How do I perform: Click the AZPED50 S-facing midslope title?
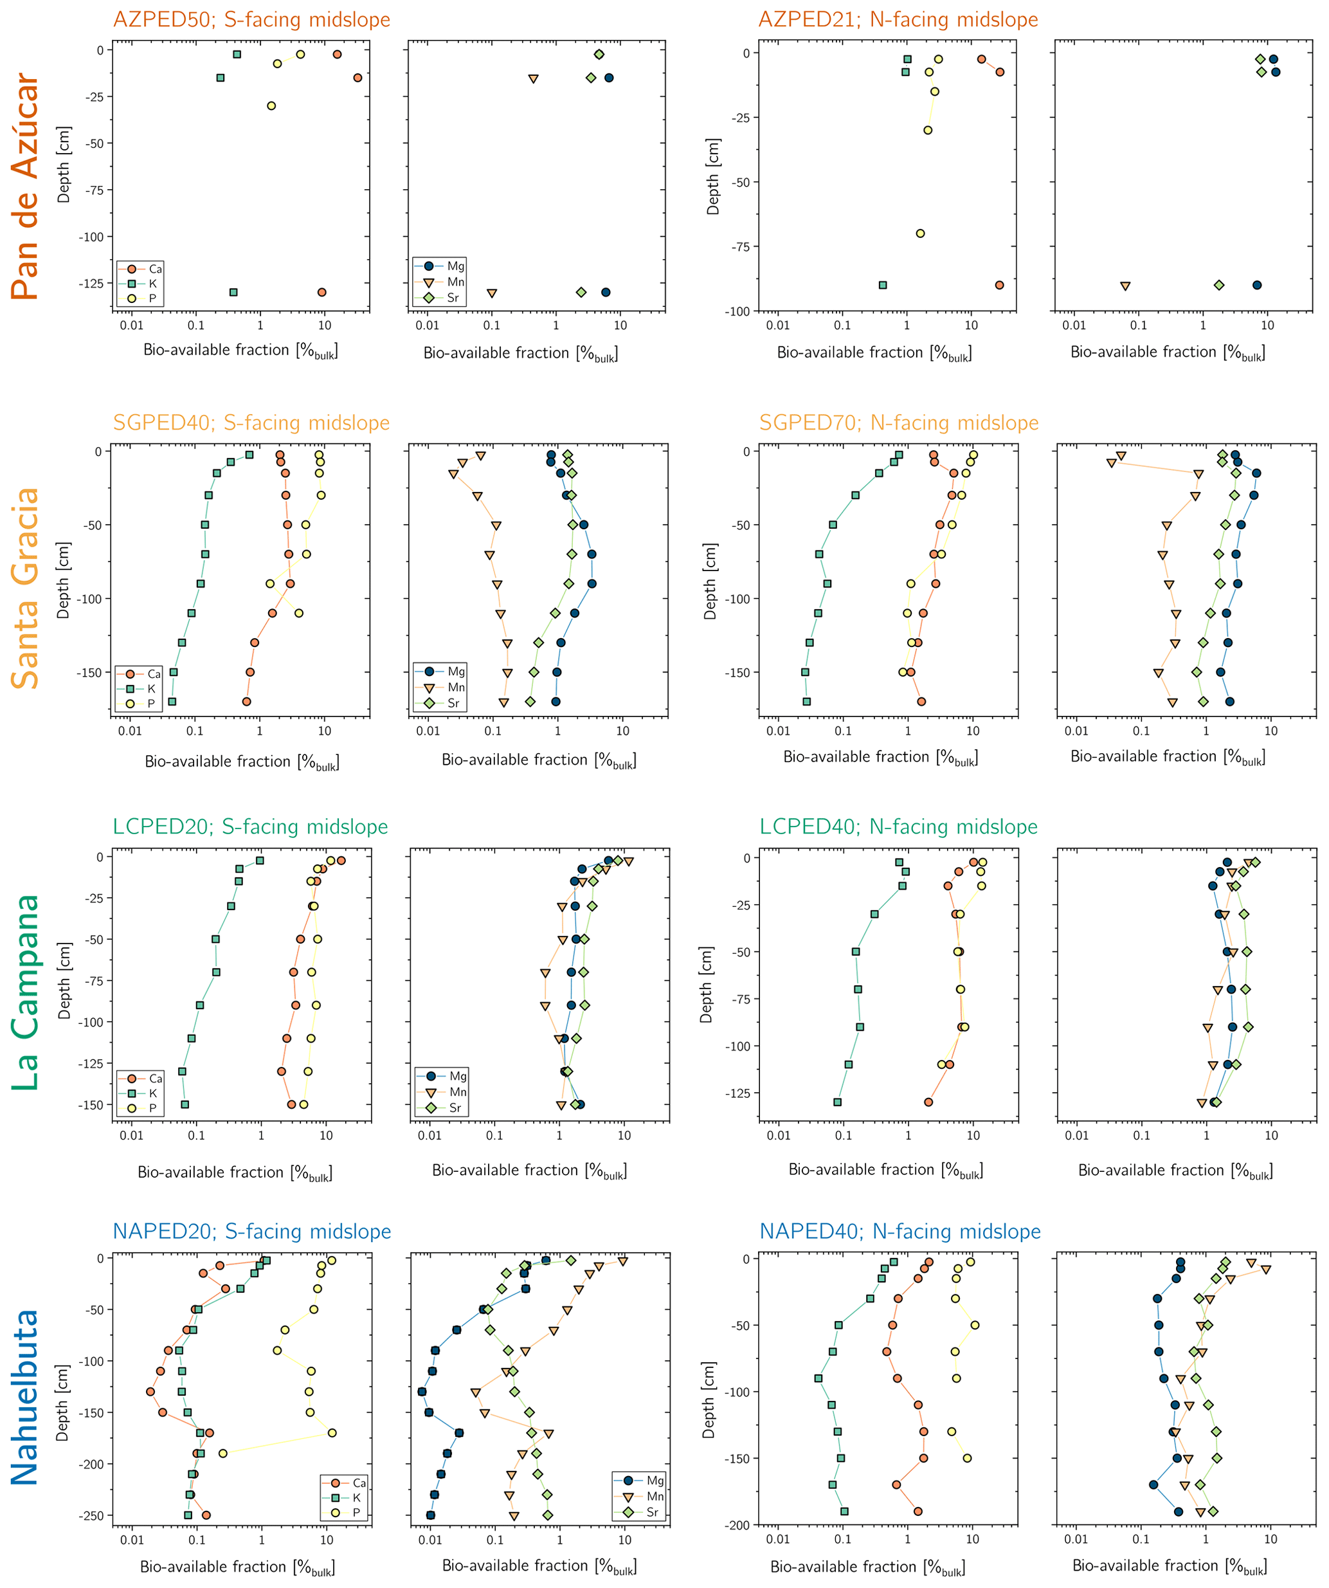tap(252, 20)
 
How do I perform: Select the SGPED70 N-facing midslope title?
tap(898, 423)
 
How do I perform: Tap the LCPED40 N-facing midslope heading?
tap(898, 826)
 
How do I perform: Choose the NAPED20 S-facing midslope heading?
tap(252, 1232)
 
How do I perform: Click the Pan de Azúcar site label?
tap(25, 186)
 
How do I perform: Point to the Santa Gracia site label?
tap(25, 589)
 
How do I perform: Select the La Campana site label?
tap(25, 993)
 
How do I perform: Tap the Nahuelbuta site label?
tap(25, 1398)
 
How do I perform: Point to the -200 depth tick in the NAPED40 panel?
tap(737, 1525)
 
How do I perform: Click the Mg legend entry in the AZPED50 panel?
tap(455, 266)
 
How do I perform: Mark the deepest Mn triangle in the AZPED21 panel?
tap(1125, 286)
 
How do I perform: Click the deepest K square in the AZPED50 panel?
tap(233, 292)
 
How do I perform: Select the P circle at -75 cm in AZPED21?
tap(920, 233)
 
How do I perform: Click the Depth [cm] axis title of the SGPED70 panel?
tap(710, 581)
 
